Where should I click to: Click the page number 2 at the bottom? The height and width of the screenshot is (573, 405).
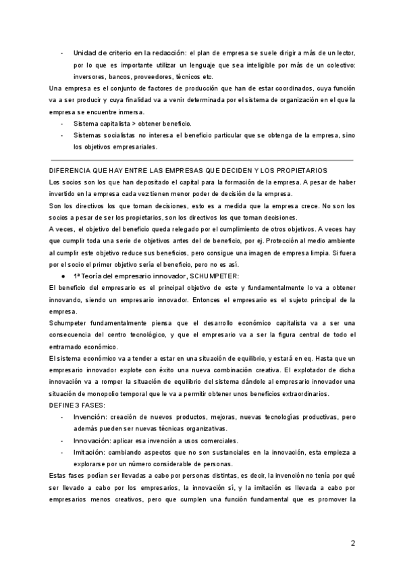[353, 543]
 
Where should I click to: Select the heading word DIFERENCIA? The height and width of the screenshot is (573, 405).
[73, 170]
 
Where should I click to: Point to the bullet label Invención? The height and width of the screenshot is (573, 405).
[90, 418]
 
